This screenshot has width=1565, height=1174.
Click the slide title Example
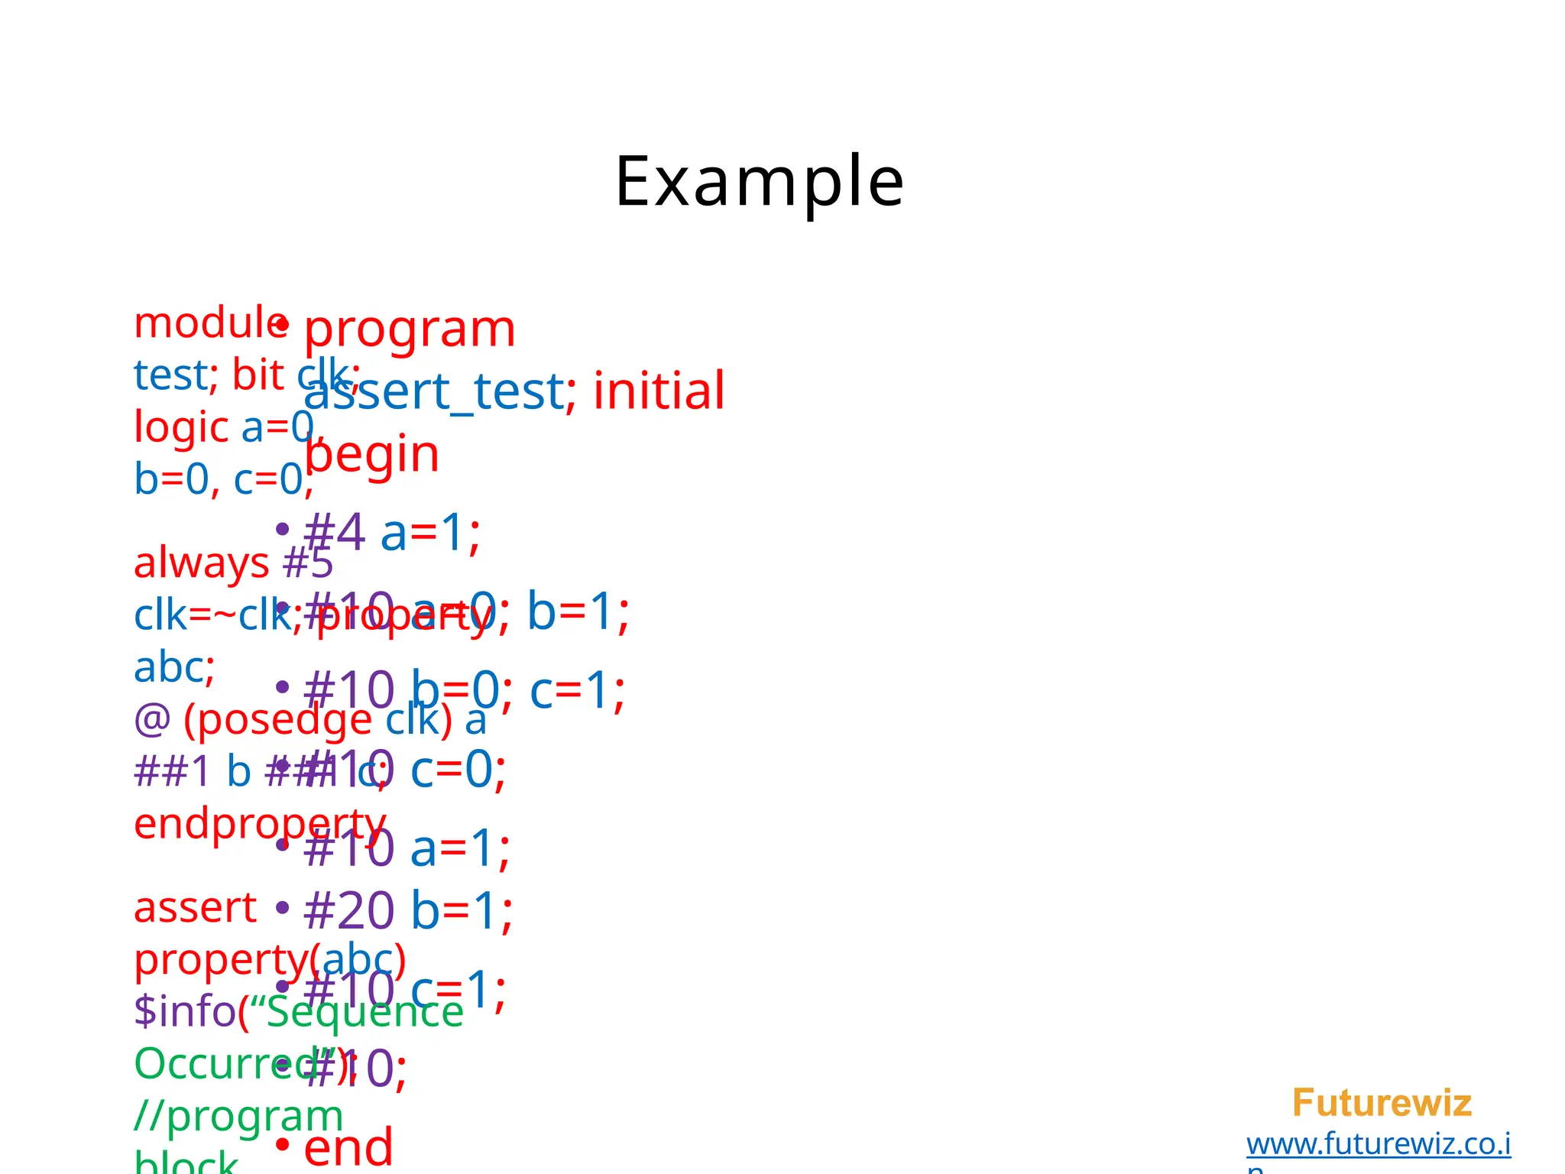coord(759,182)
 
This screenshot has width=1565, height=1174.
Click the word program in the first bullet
coord(410,330)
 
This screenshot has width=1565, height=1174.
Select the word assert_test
coord(434,391)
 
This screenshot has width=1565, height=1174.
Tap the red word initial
coord(659,391)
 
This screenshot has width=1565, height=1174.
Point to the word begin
coord(372,455)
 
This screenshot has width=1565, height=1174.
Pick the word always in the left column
coord(202,563)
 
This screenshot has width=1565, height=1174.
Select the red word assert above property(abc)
coord(195,908)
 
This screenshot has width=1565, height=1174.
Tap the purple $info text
coord(184,1010)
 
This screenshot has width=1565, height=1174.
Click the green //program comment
coord(238,1116)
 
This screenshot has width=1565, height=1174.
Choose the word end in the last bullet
coord(348,1146)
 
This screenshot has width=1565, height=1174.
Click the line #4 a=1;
coord(392,533)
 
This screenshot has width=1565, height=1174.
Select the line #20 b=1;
coord(407,911)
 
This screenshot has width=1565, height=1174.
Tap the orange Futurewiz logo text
coord(1382,1103)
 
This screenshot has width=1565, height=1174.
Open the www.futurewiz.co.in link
coord(1379,1144)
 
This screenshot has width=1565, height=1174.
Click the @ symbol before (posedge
coord(152,720)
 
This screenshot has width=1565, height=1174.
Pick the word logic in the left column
coord(181,427)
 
